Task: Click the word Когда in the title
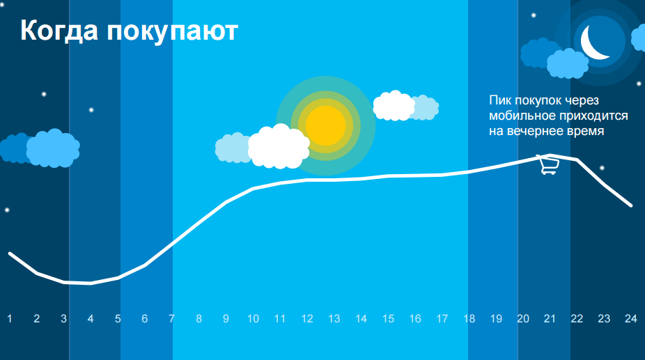point(59,31)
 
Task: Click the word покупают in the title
point(172,31)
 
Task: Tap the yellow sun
point(326,126)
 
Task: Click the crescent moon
point(593,42)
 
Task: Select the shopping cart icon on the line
point(548,164)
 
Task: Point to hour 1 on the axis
point(10,318)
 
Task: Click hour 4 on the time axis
point(91,318)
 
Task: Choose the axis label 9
point(226,318)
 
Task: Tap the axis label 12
point(307,318)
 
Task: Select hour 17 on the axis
point(442,318)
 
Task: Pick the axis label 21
point(550,318)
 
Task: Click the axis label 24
point(631,318)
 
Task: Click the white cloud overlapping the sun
point(279,146)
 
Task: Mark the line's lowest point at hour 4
point(91,283)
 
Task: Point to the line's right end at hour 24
point(630,205)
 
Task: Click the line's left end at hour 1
point(10,253)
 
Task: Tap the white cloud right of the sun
point(394,106)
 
